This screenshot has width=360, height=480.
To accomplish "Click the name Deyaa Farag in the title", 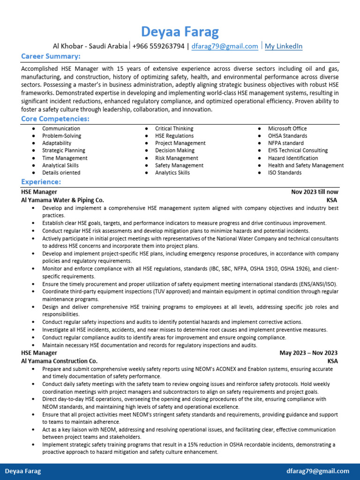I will coord(180,32).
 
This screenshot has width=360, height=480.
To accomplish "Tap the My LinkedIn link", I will coord(284,46).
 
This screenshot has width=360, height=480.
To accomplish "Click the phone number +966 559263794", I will coord(158,46).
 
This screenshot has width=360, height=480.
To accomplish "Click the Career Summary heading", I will coord(51,57).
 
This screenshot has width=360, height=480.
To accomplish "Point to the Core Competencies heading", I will coord(55,119).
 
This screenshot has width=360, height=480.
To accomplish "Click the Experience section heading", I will coord(41,182).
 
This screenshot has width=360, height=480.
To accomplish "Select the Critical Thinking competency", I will coord(174,128).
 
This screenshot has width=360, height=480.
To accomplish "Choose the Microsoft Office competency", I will coord(287,128).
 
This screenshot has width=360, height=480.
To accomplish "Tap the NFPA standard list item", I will coord(285,143).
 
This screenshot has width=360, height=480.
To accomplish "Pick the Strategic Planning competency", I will coord(64,150).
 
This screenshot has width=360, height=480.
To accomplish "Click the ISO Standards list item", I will coord(285,172).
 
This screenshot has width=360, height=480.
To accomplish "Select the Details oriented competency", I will coord(61,172).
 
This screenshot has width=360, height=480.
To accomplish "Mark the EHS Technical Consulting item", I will coord(298,150).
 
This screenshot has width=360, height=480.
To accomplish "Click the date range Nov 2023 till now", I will coord(315,192).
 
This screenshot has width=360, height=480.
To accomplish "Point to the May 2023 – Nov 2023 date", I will coord(308,352).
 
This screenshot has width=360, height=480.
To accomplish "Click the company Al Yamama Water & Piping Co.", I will coord(62,200).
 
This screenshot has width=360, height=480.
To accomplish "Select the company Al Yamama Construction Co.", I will coord(59,361).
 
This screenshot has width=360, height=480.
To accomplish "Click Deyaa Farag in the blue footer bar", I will coord(23,471).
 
